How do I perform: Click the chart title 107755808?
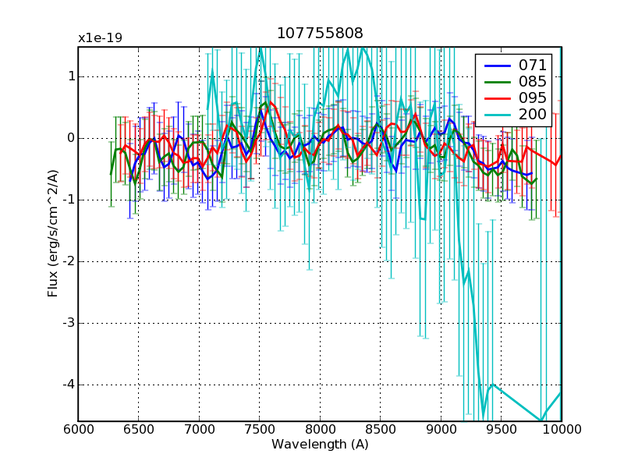point(320,34)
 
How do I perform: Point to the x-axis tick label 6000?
point(78,430)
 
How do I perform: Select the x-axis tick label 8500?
point(380,430)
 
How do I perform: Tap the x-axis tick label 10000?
point(561,430)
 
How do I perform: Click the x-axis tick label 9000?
point(441,430)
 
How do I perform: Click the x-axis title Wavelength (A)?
point(320,445)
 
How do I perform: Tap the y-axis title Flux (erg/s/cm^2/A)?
point(53,234)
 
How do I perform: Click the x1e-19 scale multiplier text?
point(100,38)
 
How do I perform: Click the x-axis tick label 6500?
point(138,430)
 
